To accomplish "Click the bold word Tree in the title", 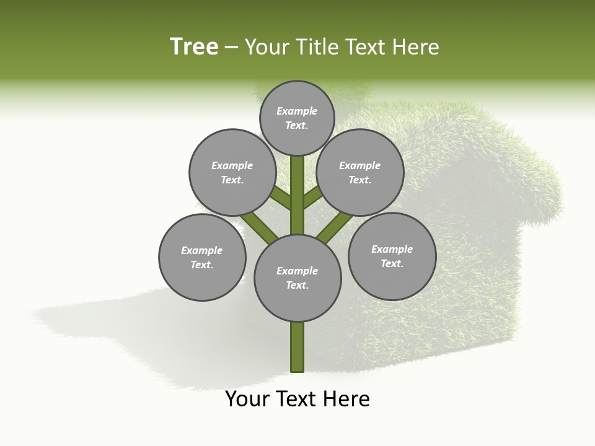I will pyautogui.click(x=194, y=47).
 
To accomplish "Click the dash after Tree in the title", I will pyautogui.click(x=231, y=48).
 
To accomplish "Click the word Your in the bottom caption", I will pyautogui.click(x=247, y=399).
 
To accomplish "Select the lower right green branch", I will pyautogui.click(x=335, y=226).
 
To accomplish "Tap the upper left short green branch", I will pyautogui.click(x=282, y=199).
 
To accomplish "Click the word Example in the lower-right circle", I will pyautogui.click(x=392, y=249).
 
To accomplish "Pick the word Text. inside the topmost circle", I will pyautogui.click(x=297, y=125).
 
